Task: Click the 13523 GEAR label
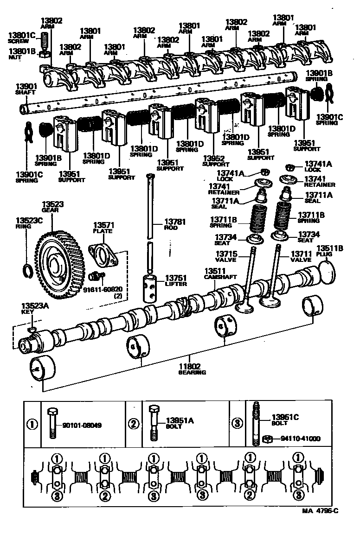(54, 206)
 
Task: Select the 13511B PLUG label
(329, 251)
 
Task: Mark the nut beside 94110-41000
(267, 439)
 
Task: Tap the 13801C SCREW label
(22, 38)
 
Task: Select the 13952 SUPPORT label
(216, 161)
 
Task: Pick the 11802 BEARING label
(192, 369)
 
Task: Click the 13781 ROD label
(175, 224)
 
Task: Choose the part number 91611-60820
(103, 290)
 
